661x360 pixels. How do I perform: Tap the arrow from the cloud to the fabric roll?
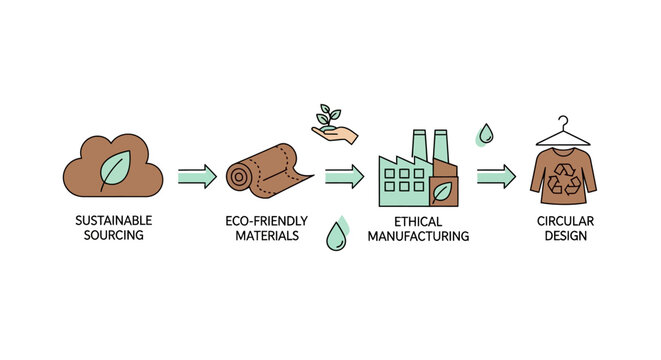click(x=197, y=177)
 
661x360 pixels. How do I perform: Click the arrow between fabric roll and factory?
click(x=344, y=177)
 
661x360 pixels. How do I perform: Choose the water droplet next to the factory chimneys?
click(x=485, y=134)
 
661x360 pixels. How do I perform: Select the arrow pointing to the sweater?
click(x=495, y=177)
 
